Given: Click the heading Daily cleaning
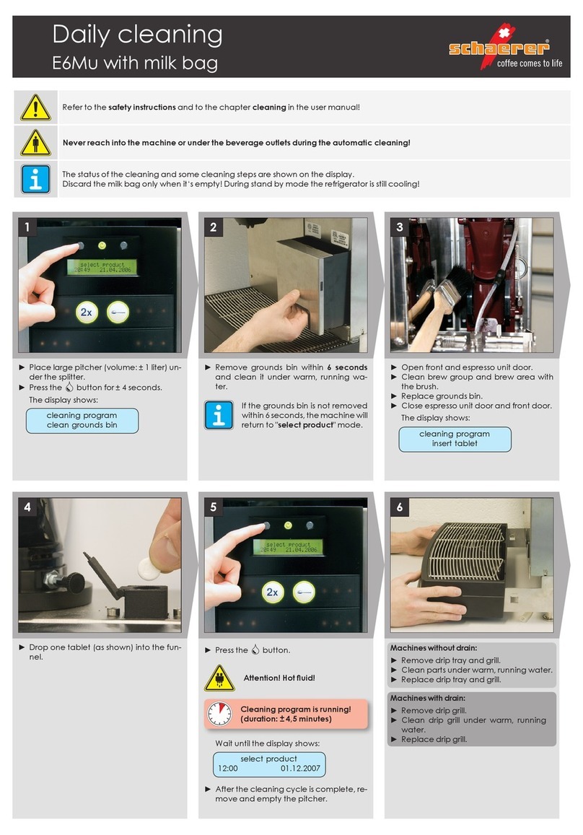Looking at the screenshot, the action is [137, 35].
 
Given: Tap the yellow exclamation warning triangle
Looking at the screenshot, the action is [35, 108].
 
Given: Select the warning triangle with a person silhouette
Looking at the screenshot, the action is [35, 143].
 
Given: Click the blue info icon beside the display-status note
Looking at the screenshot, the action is [35, 179].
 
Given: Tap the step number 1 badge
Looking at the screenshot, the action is [27, 227].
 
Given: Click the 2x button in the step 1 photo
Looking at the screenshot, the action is [87, 312].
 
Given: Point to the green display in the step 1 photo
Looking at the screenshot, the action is [102, 267].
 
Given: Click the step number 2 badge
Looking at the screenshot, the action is [213, 227].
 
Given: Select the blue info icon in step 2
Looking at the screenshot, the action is [219, 416].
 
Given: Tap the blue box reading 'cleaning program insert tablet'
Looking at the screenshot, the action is [455, 439].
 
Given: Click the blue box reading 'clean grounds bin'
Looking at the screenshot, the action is [82, 421].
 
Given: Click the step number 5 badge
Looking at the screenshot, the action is [213, 507].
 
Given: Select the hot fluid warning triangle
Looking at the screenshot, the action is [219, 678].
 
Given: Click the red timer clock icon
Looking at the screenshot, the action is [219, 714].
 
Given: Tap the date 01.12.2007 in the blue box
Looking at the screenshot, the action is [300, 769].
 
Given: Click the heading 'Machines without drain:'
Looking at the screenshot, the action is [434, 648].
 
